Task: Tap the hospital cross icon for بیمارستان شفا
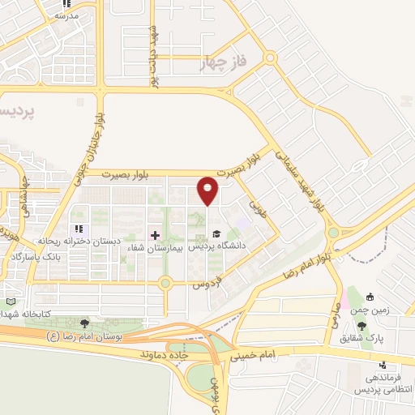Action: tap(156, 234)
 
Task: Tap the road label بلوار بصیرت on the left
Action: tap(130, 174)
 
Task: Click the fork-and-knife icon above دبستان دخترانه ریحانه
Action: tap(79, 229)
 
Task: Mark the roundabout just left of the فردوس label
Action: tap(166, 283)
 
